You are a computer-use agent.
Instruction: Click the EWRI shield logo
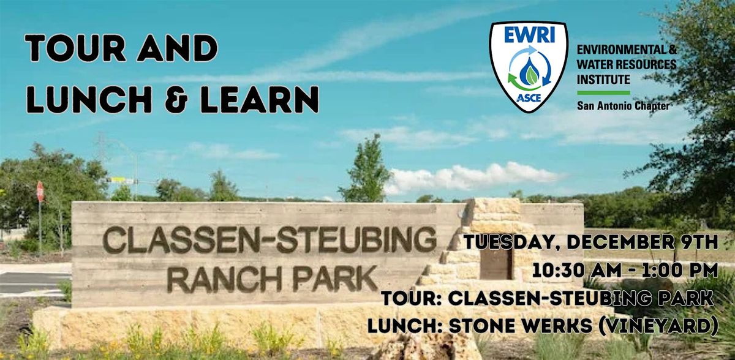[x=529, y=66]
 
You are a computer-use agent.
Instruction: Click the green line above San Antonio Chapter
[x=603, y=92]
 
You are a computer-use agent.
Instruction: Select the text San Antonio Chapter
[x=623, y=105]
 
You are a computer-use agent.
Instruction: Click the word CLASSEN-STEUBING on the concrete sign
[x=269, y=239]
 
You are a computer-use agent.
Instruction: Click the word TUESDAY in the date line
[x=507, y=242]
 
